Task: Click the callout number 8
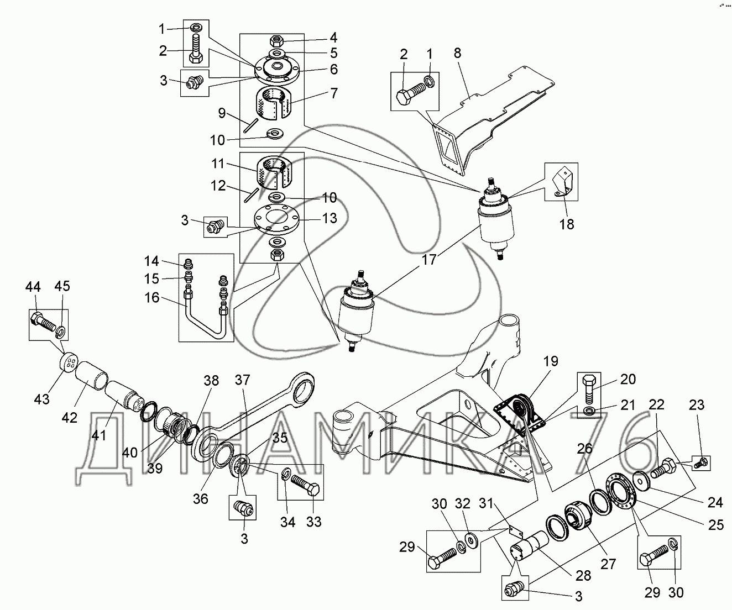457,54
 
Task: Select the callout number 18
567,224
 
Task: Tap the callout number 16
151,298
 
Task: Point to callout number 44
33,286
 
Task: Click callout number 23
696,405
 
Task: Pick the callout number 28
583,575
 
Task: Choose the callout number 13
330,219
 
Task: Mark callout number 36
200,498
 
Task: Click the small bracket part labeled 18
563,182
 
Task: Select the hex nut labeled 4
276,40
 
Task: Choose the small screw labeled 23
699,463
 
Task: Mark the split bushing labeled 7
273,104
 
